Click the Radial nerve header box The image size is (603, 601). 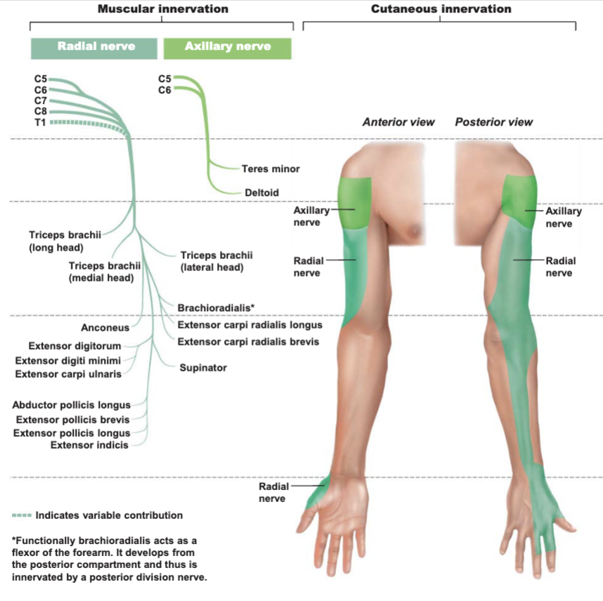click(94, 48)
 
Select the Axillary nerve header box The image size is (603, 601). click(227, 48)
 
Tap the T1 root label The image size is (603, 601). click(40, 123)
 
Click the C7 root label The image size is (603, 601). click(40, 100)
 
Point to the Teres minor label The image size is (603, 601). click(271, 169)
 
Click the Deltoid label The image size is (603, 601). click(262, 192)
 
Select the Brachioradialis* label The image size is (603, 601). click(216, 308)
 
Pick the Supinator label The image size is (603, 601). click(203, 368)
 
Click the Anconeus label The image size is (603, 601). click(105, 328)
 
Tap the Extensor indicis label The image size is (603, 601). click(89, 445)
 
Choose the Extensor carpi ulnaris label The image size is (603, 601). click(68, 374)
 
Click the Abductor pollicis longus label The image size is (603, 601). click(71, 405)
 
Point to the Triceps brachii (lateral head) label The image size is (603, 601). click(216, 261)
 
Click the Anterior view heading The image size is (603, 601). click(398, 122)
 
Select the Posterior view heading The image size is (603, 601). click(494, 122)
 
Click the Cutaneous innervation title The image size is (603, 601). click(441, 9)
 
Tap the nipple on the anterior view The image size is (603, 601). click(416, 230)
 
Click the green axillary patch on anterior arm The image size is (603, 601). click(355, 203)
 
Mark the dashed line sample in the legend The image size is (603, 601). click(22, 515)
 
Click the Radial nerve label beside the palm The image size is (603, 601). click(273, 493)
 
